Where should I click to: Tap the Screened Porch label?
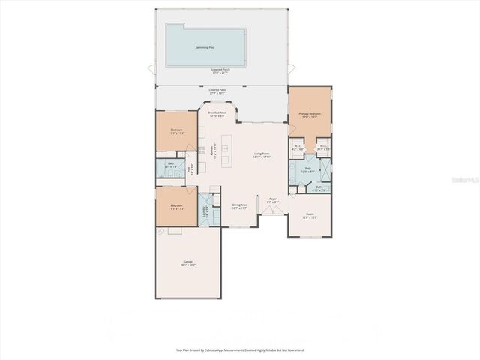(220, 70)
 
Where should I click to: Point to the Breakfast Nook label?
(217, 115)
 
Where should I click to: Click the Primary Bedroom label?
(310, 115)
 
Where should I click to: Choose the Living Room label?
(262, 155)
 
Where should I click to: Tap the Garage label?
(187, 262)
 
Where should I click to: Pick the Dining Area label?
(240, 206)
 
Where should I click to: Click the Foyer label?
(273, 200)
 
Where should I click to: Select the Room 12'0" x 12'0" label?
(310, 215)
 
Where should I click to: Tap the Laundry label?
(205, 212)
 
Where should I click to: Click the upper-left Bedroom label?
(176, 132)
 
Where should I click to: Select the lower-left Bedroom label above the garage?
(176, 206)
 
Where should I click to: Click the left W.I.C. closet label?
(298, 148)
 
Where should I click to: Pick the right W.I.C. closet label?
(323, 148)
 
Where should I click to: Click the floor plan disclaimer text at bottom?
(240, 349)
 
